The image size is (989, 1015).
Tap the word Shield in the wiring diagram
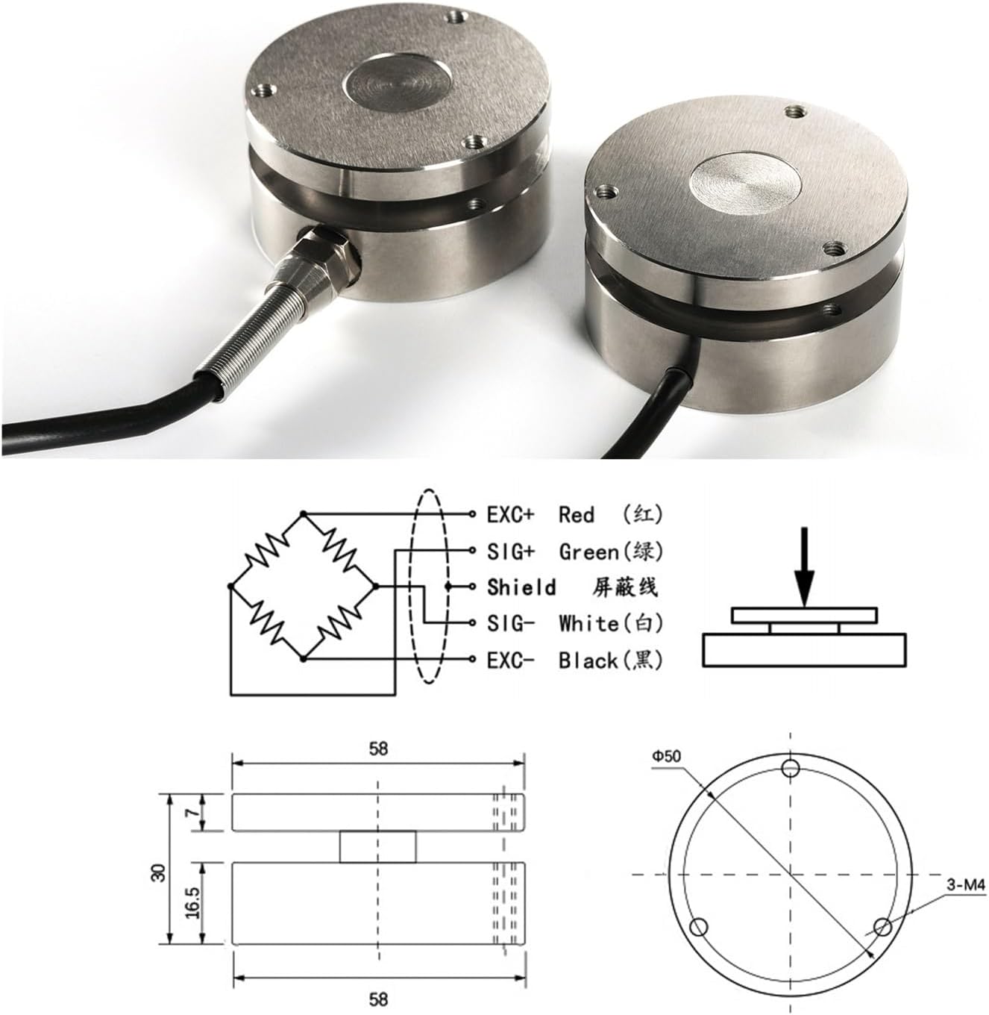pos(521,587)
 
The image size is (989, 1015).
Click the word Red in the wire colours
pos(576,515)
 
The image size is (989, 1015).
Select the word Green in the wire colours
pos(589,552)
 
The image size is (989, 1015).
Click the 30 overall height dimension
pos(157,872)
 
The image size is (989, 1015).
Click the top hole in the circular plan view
pos(791,769)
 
